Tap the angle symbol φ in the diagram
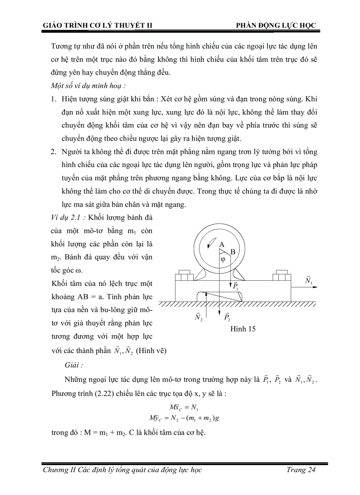tap(223, 260)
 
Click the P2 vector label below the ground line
tap(227, 317)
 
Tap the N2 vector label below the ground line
tap(199, 317)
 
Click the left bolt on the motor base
tap(184, 277)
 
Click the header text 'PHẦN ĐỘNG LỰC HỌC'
tap(277, 25)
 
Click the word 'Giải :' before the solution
tap(74, 365)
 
